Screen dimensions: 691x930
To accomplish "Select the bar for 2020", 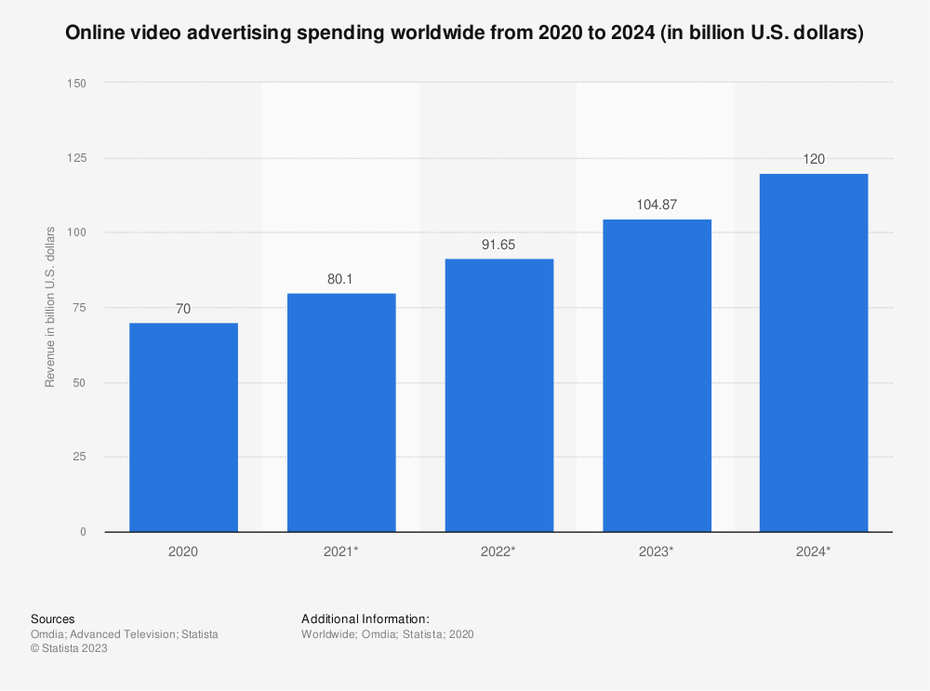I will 183,428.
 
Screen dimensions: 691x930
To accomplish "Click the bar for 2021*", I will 341,413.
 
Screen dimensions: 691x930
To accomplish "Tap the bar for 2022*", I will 499,395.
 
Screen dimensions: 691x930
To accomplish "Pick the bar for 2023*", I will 657,376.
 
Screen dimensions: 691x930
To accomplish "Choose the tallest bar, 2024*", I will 814,353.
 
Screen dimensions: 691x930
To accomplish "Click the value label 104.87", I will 657,204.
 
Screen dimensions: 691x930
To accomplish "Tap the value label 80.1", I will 341,278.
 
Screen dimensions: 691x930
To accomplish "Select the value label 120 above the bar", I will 815,159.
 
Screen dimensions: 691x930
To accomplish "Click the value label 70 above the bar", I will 183,308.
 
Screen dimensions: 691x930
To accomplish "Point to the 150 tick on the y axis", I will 76,83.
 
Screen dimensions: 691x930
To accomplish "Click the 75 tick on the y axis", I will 80,308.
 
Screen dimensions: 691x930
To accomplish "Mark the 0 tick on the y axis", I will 83,532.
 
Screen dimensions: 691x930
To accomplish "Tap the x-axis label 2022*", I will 499,551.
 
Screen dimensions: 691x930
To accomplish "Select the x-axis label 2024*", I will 815,551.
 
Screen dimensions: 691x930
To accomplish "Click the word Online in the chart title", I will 95,34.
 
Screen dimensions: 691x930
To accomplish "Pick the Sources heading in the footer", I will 53,618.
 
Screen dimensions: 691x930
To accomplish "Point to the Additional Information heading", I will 365,618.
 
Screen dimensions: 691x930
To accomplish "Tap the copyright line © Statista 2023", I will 70,649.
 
